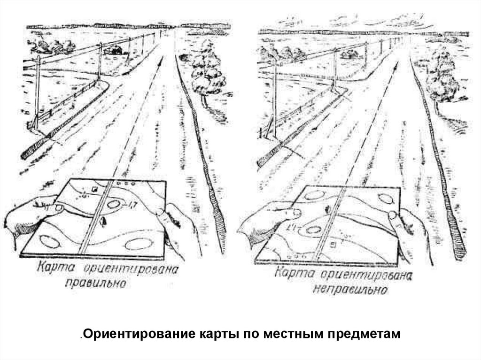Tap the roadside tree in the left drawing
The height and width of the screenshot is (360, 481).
click(x=207, y=70)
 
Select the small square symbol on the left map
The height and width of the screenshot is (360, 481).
click(x=95, y=189)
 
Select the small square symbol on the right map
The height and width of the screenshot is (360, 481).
click(x=333, y=245)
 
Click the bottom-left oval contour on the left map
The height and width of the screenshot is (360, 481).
click(x=49, y=242)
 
